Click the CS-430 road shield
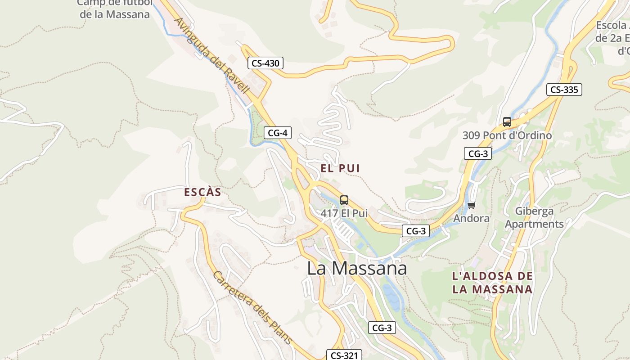click(x=265, y=63)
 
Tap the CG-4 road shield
click(x=278, y=133)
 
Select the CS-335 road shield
click(x=564, y=90)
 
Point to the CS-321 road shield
click(x=344, y=355)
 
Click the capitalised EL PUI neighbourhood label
click(x=340, y=168)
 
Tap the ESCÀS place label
click(x=202, y=192)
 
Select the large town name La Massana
click(x=357, y=268)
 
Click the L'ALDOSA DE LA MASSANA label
click(x=493, y=283)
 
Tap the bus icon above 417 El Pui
click(x=344, y=200)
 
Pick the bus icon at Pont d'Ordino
click(x=507, y=121)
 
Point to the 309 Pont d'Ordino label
click(x=507, y=135)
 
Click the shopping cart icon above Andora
click(x=471, y=206)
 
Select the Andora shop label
click(x=471, y=218)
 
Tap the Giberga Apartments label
click(x=534, y=217)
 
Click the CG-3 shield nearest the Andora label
click(x=415, y=231)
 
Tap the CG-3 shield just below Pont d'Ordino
click(x=478, y=154)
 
